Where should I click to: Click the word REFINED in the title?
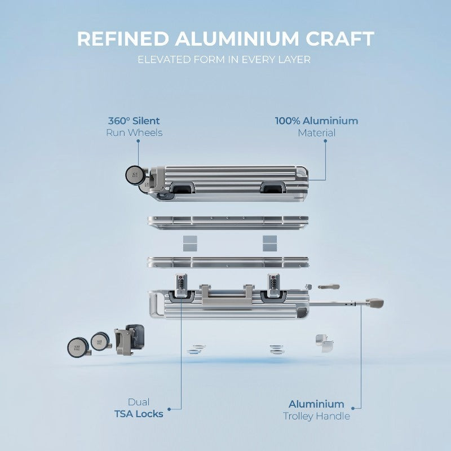tap(123, 38)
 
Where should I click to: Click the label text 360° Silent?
tap(134, 121)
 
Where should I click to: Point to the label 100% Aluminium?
tap(317, 121)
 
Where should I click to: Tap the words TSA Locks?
tap(139, 414)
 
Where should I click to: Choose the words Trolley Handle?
tap(316, 416)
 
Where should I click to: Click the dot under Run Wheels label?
tap(138, 141)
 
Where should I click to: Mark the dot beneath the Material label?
tap(325, 141)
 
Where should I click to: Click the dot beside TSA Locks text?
tap(169, 409)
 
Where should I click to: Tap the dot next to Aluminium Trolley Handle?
tap(353, 408)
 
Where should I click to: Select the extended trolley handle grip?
tap(375, 303)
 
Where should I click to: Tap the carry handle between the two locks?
tap(227, 296)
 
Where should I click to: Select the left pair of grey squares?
tap(190, 244)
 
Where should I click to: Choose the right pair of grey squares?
tap(270, 244)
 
